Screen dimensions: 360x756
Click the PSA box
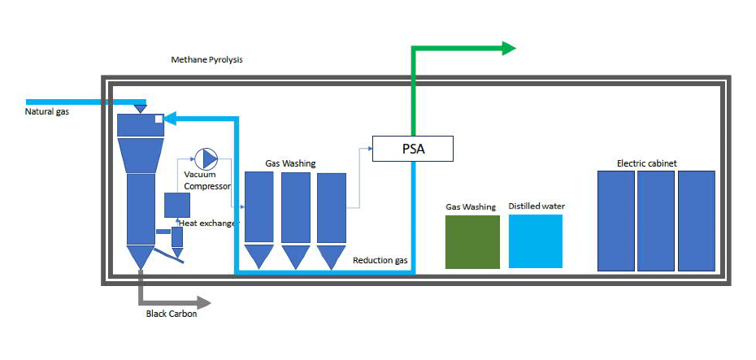412,149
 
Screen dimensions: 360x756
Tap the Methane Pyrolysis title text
206,60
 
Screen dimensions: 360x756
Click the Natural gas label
46,111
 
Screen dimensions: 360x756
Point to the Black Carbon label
171,314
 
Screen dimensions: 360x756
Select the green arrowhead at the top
509,48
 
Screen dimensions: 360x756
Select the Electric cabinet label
646,163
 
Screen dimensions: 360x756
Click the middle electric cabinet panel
656,220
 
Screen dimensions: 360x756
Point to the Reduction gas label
380,260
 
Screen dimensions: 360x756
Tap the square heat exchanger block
177,205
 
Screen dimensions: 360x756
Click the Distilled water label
537,206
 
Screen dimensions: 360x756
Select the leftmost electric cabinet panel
615,220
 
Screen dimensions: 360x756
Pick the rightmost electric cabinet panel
697,220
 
